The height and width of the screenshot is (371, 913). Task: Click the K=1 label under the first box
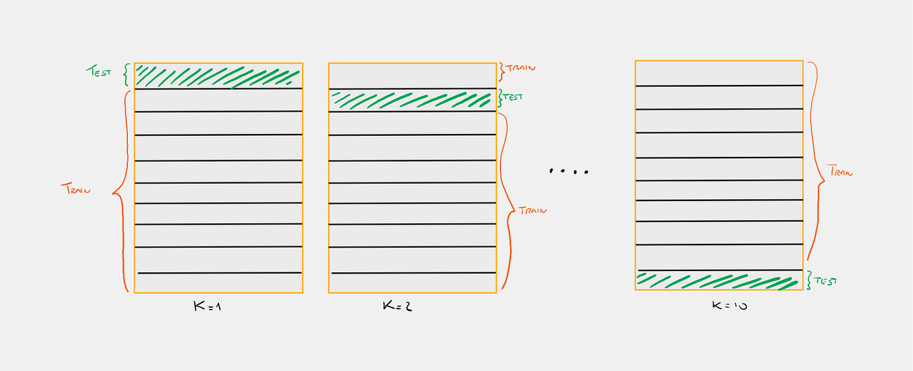(209, 306)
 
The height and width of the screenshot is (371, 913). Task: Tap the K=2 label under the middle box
(397, 306)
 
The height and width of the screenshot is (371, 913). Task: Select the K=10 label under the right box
(729, 305)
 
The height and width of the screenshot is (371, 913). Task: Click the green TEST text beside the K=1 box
(99, 72)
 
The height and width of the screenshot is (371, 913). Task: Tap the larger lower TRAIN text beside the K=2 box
(532, 210)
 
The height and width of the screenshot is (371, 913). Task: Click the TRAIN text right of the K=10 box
(840, 171)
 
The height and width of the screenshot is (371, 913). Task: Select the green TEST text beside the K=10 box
(825, 281)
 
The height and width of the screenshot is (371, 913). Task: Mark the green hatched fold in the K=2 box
(412, 100)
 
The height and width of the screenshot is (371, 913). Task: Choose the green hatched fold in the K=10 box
(719, 280)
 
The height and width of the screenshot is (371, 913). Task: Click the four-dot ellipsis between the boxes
(568, 171)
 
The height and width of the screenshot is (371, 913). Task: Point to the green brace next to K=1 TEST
(127, 74)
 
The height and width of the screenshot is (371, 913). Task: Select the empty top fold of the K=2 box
(412, 75)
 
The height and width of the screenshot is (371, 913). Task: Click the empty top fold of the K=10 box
(719, 73)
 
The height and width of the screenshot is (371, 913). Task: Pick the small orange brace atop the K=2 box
(501, 68)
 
